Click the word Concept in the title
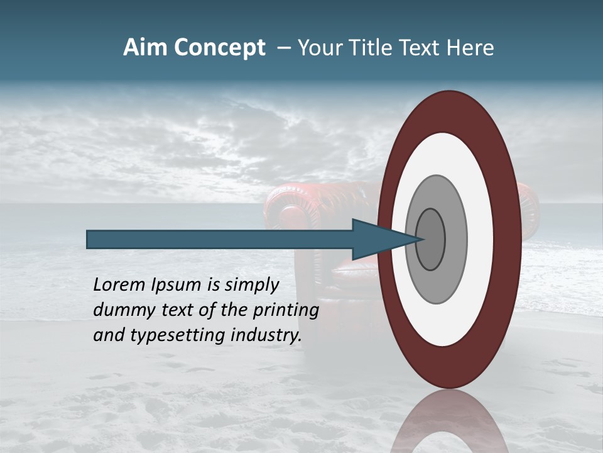click(220, 48)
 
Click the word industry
click(266, 335)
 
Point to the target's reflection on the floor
click(448, 422)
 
